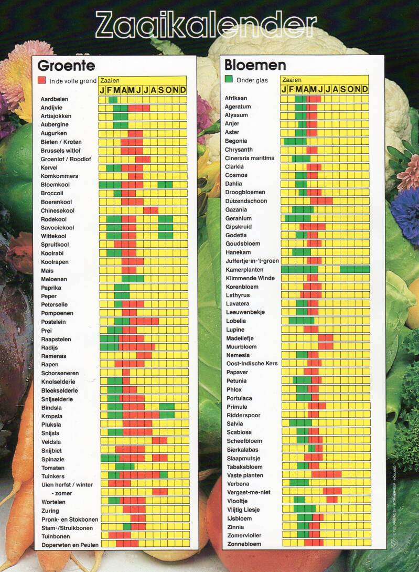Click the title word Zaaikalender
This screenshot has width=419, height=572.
(206, 24)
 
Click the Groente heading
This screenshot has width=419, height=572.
(66, 66)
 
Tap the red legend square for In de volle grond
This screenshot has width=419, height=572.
(42, 81)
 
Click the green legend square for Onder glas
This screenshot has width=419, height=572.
(229, 79)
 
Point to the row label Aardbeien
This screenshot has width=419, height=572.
(55, 99)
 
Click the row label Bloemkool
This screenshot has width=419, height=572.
(55, 185)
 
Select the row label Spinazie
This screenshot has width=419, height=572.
(53, 459)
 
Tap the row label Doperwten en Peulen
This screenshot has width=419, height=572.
(70, 545)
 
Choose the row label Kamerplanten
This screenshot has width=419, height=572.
(244, 269)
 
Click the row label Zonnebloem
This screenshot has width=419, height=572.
(244, 544)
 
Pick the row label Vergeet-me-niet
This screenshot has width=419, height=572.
(248, 492)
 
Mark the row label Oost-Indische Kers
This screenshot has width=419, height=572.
(252, 363)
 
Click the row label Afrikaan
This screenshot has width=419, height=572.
(236, 98)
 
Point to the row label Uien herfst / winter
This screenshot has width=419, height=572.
(67, 485)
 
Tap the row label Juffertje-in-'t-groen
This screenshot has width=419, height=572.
(252, 261)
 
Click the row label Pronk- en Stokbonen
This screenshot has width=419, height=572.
(69, 519)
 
